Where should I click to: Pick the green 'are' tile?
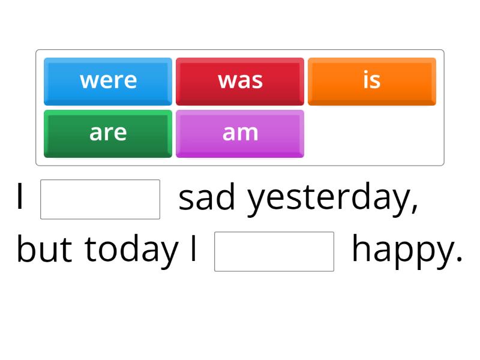pos(108,133)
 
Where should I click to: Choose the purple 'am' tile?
pos(240,133)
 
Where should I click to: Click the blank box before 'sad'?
pos(100,199)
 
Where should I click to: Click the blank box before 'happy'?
pos(274,251)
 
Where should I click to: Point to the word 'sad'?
pos(207,198)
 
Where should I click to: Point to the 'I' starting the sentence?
pos(21,198)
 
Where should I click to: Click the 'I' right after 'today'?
pos(193,250)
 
